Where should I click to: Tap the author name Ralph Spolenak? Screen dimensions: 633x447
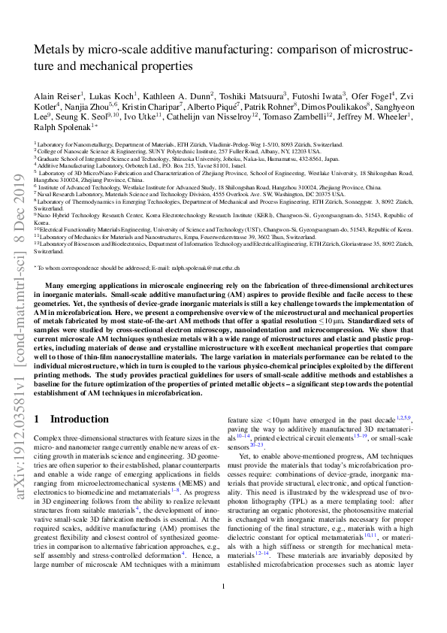pos(62,127)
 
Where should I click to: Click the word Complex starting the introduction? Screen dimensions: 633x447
pos(50,437)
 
